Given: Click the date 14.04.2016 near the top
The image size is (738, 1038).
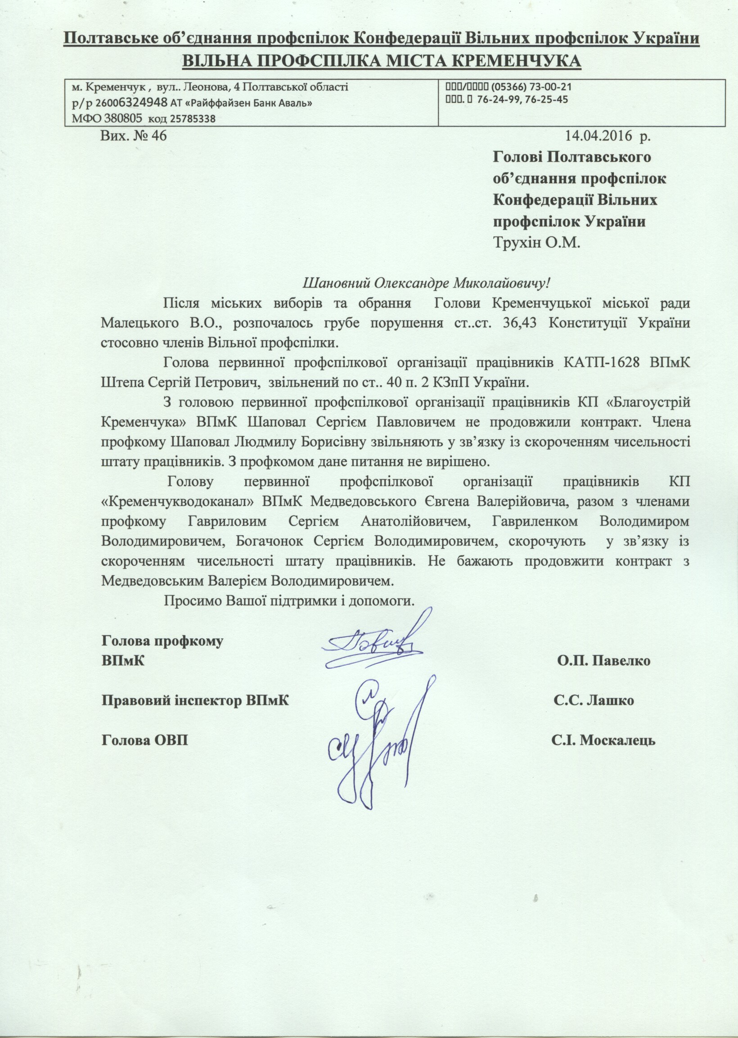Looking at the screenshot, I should [x=598, y=135].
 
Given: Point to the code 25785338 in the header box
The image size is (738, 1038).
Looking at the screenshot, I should [x=192, y=119].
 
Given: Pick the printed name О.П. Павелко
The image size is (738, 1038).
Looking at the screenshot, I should [x=603, y=660].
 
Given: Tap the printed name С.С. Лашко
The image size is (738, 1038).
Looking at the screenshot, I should [x=594, y=700].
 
